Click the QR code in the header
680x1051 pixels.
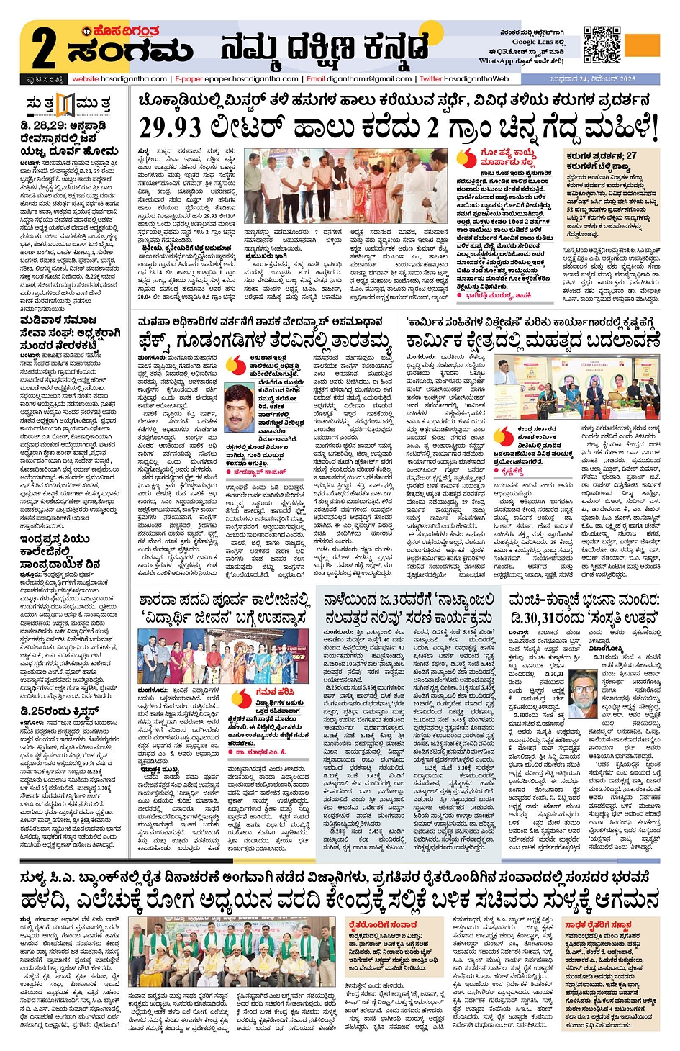(x=601, y=45)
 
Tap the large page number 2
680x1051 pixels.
(x=43, y=49)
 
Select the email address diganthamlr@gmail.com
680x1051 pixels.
(x=369, y=79)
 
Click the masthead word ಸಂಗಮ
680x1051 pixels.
(x=130, y=51)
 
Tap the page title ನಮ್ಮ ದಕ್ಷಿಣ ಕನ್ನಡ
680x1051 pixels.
(x=324, y=49)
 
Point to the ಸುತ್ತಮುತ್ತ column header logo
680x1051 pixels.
(x=67, y=104)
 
